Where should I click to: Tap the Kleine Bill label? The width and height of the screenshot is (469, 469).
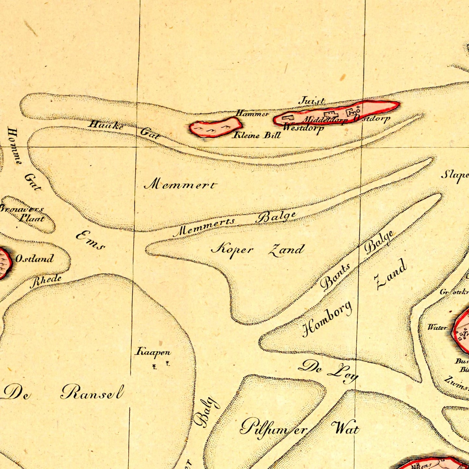[x=256, y=135]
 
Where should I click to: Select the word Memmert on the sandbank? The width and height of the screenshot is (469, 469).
[x=180, y=185]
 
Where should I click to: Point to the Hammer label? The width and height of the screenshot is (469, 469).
[x=252, y=114]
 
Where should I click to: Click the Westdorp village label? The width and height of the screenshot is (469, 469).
[x=303, y=128]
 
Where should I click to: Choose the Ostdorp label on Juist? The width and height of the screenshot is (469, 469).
[x=372, y=119]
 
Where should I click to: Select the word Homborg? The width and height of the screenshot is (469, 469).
[x=327, y=319]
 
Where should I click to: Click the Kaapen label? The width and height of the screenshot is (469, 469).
[x=153, y=352]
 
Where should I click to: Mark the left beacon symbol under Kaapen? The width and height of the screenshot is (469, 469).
[x=154, y=367]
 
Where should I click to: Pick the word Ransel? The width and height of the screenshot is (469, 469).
[x=93, y=392]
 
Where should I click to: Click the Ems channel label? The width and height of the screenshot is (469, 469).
[x=91, y=241]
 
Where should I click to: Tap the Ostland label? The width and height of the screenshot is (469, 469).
[x=35, y=259]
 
